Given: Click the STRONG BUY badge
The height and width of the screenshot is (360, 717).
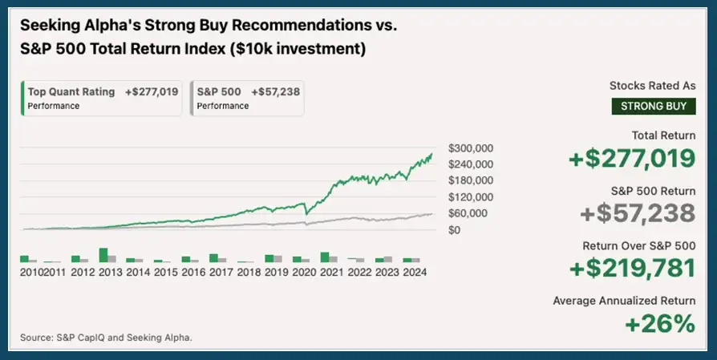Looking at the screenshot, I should (x=652, y=106).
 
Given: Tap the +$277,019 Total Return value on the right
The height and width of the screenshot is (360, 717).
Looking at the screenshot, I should (x=632, y=159).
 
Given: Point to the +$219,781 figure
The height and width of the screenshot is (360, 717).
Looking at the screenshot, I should (x=632, y=269).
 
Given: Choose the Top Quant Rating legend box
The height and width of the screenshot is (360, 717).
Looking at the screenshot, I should (x=103, y=98).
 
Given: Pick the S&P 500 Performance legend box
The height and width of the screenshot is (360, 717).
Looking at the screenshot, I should (x=247, y=98).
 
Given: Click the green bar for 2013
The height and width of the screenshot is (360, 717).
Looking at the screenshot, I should (x=103, y=255).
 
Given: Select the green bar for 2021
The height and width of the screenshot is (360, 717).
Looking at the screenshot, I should (x=324, y=257).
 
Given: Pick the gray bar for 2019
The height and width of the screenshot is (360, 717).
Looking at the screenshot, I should (x=277, y=259).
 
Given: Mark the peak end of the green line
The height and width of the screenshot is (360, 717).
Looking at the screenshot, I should (x=431, y=154).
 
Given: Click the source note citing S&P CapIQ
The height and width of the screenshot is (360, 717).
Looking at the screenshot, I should (x=107, y=338).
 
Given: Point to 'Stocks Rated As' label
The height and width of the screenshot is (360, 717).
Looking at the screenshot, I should (x=652, y=85).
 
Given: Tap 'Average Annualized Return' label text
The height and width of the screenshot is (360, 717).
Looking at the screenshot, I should (x=624, y=301).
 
